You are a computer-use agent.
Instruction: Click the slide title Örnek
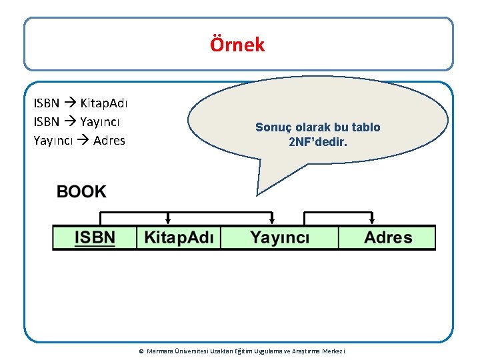pos(237,45)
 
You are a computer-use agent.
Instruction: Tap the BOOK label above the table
pos(81,192)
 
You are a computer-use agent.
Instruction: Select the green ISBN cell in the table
pos(95,238)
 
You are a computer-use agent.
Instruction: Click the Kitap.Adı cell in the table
pos(178,238)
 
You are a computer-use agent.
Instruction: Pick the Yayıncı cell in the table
pos(279,238)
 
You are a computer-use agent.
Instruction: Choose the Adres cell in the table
pos(387,238)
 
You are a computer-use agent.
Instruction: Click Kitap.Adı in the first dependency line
pos(105,103)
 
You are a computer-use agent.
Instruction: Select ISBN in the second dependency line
pos(46,122)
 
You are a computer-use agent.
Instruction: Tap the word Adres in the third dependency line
pos(109,141)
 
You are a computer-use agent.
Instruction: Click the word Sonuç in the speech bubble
pos(273,127)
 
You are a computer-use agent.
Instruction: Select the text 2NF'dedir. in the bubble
pos(317,142)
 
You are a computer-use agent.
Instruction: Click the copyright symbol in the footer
pos(141,351)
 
